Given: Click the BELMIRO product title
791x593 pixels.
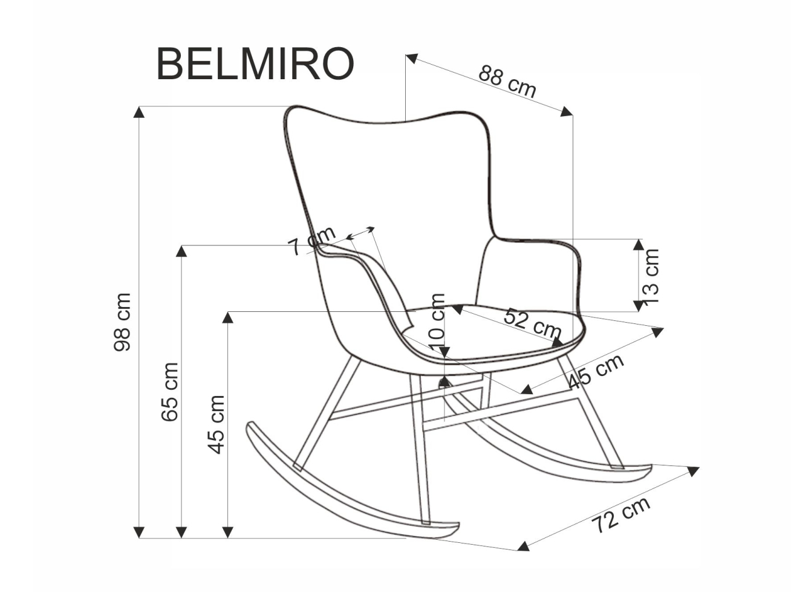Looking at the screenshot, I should tap(255, 64).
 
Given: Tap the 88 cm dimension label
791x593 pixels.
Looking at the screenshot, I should tap(507, 80).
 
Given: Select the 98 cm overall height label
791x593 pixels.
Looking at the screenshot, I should tap(122, 322).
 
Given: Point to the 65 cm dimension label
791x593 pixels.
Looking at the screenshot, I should tap(170, 392).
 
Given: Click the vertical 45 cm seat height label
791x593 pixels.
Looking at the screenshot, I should tap(216, 424).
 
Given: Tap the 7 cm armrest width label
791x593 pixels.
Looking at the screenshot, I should tap(311, 241).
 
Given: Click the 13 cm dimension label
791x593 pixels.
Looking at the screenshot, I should tap(651, 276).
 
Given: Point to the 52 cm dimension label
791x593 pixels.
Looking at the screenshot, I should tap(533, 323).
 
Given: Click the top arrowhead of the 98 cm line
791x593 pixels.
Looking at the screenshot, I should tap(140, 111).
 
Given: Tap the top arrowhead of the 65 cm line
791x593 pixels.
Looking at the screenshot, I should tap(181, 250).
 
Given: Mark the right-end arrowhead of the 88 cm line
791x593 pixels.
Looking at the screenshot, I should tap(567, 111).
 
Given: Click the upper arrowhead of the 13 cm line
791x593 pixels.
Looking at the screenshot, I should tap(639, 244).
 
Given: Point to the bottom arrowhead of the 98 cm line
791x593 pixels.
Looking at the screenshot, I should tap(140, 532).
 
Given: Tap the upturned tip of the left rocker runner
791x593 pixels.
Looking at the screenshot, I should tap(250, 427).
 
